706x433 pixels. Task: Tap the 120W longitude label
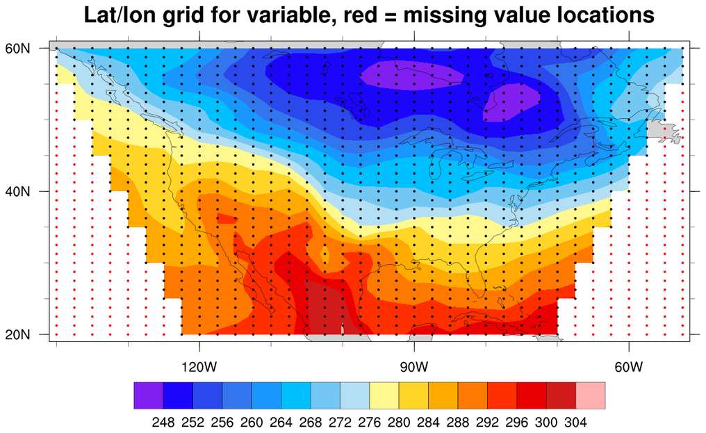point(200,366)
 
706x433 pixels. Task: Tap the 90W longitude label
point(414,366)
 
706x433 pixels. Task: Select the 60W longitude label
point(628,366)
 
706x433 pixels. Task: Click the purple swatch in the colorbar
point(148,395)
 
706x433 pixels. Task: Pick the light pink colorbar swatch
point(591,395)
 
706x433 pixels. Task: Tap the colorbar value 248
point(163,421)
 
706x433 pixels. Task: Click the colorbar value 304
point(576,421)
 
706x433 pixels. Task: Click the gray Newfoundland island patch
point(663,130)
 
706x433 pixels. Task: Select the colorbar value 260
point(252,421)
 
